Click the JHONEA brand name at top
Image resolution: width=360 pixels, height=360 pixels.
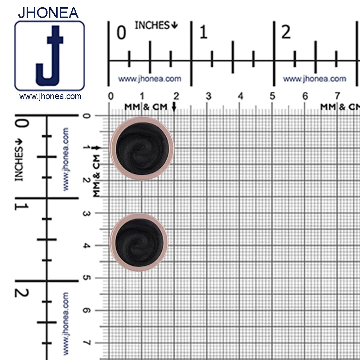48,13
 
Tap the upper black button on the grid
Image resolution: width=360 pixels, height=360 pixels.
142,149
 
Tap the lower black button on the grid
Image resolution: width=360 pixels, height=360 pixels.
139,242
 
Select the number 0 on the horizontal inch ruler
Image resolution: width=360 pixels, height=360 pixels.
121,32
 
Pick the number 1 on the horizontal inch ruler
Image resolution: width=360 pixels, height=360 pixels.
203,32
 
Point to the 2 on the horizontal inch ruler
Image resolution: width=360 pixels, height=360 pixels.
286,32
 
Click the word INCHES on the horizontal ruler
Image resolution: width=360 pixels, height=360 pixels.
152,25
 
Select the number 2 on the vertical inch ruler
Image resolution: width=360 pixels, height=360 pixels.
22,293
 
